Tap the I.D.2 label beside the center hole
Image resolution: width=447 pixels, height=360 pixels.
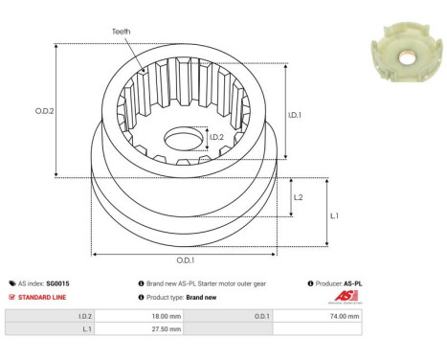click(x=217, y=138)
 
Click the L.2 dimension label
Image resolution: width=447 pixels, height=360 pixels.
click(x=299, y=196)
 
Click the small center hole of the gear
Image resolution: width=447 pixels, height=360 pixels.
click(x=182, y=140)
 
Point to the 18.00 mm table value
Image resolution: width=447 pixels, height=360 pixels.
click(x=167, y=315)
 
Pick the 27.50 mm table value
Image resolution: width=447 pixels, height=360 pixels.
click(x=167, y=328)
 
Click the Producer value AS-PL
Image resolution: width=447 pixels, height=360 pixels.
click(x=353, y=283)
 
